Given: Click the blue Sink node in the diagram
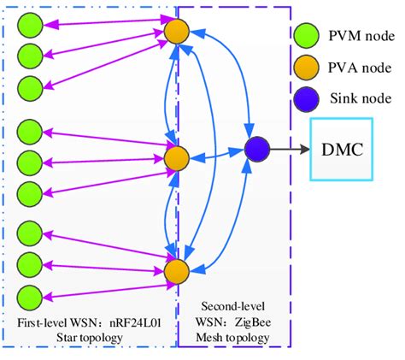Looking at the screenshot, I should point(256,150).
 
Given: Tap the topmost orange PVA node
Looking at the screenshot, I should point(176,33).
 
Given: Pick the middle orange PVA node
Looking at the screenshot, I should point(176,158).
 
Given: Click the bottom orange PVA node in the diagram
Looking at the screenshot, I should point(176,271).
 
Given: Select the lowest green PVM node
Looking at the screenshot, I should point(30,297).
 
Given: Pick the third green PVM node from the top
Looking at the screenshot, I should point(30,86).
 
